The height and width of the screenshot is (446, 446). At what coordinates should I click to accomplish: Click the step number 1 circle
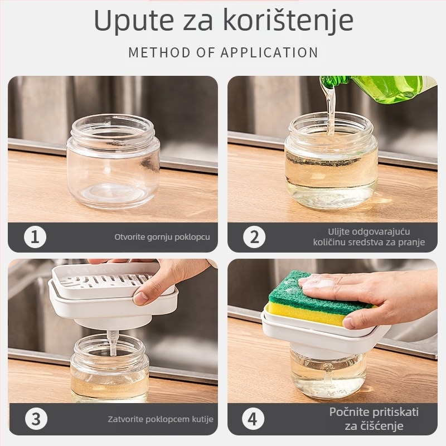coord(35,237)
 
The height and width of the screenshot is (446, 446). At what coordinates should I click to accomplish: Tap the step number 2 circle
coord(255,237)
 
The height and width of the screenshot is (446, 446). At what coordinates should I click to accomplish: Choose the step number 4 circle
coord(255,419)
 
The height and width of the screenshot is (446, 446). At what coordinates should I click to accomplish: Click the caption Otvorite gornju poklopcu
coord(162,237)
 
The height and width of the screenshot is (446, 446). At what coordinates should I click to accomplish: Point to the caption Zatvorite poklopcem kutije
coord(161,419)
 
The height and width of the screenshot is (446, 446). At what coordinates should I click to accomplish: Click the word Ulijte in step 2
coord(340,231)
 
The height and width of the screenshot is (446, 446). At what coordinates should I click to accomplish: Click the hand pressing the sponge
coord(379,295)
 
